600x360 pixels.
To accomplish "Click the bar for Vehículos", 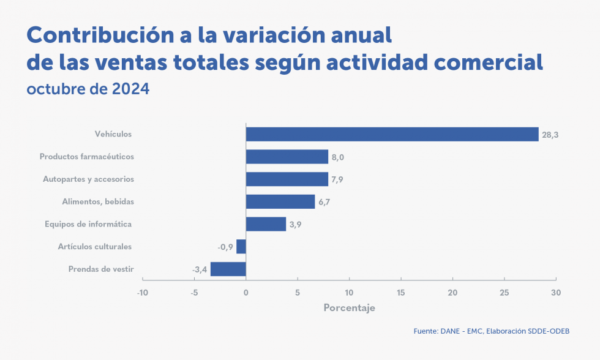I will (x=392, y=134).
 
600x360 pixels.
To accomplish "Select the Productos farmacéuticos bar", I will (x=287, y=157).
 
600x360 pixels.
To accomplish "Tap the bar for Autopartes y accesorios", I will (x=287, y=179).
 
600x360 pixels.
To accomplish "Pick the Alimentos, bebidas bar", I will (x=280, y=201).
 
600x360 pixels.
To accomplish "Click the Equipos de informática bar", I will (x=266, y=224).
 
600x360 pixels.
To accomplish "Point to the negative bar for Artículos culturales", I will (x=241, y=246).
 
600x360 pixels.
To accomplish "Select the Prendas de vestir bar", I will (x=228, y=269).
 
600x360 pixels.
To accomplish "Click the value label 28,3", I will (x=550, y=135).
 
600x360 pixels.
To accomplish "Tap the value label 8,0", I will (x=338, y=157).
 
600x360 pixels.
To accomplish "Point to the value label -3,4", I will (x=200, y=269).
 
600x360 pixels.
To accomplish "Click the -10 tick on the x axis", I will (x=142, y=293).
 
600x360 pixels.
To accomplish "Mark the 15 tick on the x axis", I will (x=400, y=293).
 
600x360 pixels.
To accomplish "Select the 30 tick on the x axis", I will (x=555, y=293).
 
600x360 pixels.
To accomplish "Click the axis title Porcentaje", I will (x=349, y=308).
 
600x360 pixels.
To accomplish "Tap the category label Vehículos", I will (x=113, y=134).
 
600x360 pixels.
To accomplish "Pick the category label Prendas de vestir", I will (x=101, y=269).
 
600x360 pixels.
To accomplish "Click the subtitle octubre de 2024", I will (x=88, y=89).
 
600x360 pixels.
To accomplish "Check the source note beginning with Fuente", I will (x=492, y=331).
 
